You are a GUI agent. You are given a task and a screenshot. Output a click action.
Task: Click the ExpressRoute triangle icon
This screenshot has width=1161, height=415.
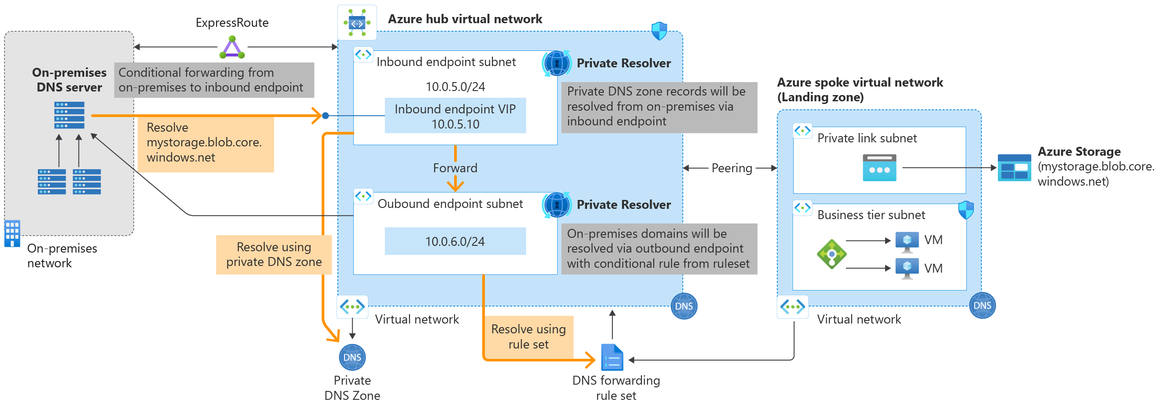click(232, 48)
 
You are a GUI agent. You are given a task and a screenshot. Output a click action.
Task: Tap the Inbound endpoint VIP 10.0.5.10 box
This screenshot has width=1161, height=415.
click(455, 116)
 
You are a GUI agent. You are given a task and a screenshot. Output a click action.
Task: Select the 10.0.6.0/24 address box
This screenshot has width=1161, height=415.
click(455, 241)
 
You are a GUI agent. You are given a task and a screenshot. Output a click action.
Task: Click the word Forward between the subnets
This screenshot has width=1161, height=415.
click(455, 168)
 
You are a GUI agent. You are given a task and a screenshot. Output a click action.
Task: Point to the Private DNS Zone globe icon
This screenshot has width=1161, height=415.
click(352, 357)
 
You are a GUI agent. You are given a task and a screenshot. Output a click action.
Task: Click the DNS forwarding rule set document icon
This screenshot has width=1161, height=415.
click(612, 357)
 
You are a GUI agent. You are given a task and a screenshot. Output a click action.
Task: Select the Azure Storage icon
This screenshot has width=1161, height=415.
click(1013, 168)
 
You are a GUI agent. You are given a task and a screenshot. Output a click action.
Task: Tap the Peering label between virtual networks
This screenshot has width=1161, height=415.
click(731, 168)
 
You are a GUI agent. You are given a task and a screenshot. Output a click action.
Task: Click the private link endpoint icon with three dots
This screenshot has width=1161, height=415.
click(879, 168)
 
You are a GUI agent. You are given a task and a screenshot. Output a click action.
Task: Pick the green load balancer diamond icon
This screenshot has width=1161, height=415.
click(831, 254)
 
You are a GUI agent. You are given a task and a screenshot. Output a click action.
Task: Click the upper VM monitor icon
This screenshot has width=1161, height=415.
click(907, 241)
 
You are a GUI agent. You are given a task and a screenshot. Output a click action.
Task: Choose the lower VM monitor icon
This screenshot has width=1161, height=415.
click(907, 269)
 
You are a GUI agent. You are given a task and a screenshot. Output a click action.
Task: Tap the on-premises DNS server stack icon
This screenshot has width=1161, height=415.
click(69, 115)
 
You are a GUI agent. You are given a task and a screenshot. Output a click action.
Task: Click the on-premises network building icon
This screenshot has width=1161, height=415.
click(12, 233)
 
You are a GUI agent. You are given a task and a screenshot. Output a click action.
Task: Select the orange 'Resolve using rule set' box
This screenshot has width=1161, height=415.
click(528, 336)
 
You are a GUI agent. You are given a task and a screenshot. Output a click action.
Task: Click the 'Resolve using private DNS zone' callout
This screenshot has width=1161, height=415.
click(274, 254)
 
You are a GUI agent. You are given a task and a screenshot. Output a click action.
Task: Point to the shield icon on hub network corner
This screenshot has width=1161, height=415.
click(659, 31)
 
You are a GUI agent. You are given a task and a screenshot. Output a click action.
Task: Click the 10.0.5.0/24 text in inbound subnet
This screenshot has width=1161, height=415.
click(455, 87)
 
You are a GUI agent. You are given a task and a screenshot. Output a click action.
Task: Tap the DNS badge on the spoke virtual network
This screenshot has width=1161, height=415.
click(982, 305)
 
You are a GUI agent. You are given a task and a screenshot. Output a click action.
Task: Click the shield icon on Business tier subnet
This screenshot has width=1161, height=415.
click(965, 210)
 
